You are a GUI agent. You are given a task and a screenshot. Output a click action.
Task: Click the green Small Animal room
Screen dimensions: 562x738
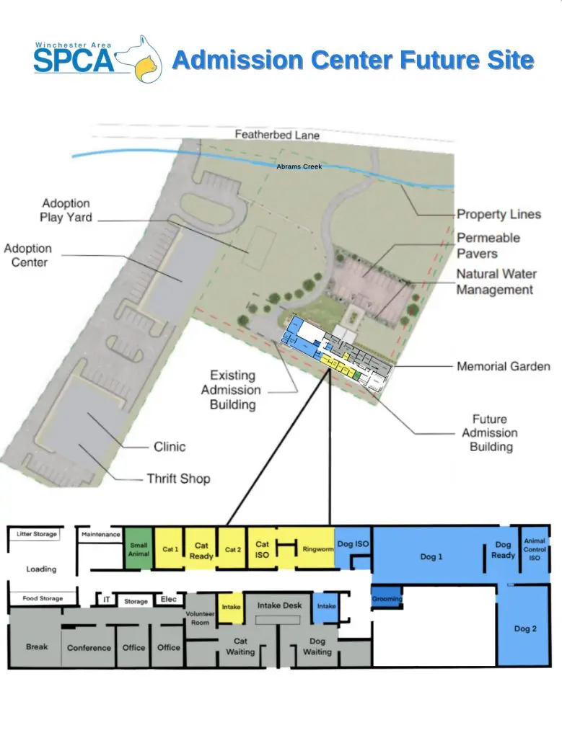(x=139, y=548)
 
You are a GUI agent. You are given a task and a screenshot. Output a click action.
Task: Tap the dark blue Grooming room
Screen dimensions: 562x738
(x=387, y=598)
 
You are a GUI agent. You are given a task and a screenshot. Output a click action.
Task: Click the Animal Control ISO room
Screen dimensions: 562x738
(x=535, y=549)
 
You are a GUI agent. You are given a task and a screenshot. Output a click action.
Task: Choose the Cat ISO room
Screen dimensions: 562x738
(x=262, y=548)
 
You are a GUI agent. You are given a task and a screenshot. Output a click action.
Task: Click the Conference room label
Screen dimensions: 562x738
(x=89, y=648)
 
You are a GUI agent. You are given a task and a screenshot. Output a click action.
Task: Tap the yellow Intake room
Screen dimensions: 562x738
(x=230, y=608)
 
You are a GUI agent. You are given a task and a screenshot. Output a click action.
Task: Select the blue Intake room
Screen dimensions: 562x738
(x=327, y=607)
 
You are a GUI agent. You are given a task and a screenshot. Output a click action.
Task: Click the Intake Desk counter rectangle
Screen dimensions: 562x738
(x=278, y=620)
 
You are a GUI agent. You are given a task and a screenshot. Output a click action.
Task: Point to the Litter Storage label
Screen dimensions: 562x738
(x=37, y=534)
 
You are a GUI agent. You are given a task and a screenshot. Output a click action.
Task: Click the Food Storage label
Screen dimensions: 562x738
(x=43, y=598)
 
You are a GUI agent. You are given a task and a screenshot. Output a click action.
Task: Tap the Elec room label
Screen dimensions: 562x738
(x=169, y=599)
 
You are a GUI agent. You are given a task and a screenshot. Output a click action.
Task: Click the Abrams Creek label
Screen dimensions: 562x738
(x=299, y=166)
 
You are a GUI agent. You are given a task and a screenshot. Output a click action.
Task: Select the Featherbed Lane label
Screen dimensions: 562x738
(x=277, y=135)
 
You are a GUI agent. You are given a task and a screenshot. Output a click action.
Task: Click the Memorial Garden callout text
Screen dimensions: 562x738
(x=504, y=366)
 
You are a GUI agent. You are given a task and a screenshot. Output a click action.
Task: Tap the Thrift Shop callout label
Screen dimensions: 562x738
(x=178, y=479)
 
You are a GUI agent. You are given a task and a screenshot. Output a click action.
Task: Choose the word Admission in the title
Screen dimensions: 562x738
(x=238, y=61)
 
